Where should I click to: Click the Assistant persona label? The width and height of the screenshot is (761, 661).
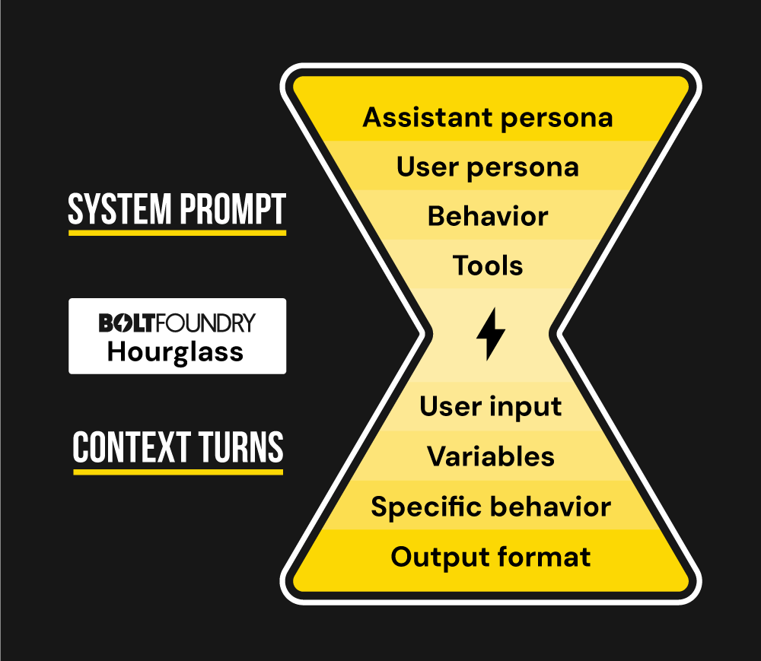(x=487, y=118)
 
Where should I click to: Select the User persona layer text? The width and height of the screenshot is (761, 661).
(x=487, y=167)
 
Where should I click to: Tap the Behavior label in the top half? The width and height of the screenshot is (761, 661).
(x=487, y=216)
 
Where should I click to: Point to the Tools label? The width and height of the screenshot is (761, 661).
(x=487, y=265)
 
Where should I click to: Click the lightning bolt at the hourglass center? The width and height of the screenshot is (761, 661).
(x=490, y=334)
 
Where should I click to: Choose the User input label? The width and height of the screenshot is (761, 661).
(x=490, y=406)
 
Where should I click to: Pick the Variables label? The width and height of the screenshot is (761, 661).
(x=490, y=456)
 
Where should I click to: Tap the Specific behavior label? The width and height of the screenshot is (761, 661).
(x=490, y=507)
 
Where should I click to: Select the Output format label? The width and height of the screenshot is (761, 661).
(x=490, y=557)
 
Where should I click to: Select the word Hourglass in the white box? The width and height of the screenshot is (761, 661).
(x=175, y=352)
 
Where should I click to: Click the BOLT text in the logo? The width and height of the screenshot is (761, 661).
(x=128, y=323)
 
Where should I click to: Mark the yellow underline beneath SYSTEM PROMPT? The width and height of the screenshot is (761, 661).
(x=177, y=232)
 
